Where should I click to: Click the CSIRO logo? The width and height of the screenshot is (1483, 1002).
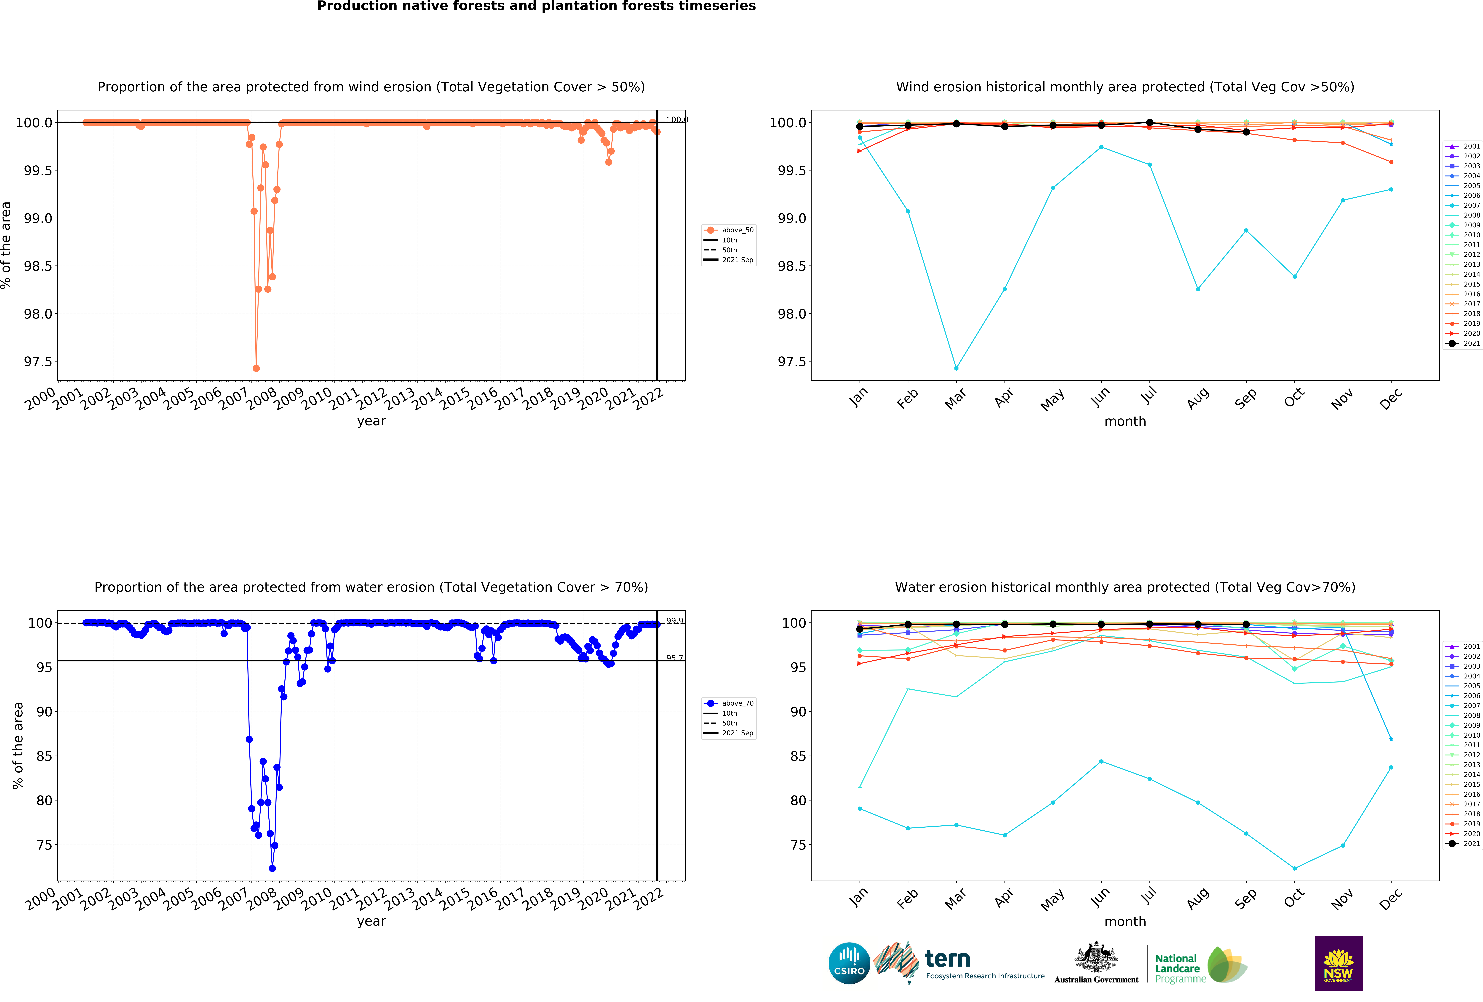(x=849, y=963)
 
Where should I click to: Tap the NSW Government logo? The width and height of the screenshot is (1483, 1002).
(x=1338, y=963)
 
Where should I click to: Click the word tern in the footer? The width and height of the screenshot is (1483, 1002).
(x=948, y=959)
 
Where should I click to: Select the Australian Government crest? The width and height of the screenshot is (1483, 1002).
(x=1096, y=957)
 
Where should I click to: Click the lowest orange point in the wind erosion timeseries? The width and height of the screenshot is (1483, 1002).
(x=256, y=368)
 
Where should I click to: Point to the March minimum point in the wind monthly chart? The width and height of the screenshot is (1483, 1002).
(x=956, y=368)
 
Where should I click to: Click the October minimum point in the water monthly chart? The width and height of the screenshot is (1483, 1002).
(x=1294, y=868)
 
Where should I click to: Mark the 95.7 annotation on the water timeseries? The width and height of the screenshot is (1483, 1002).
(x=674, y=658)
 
